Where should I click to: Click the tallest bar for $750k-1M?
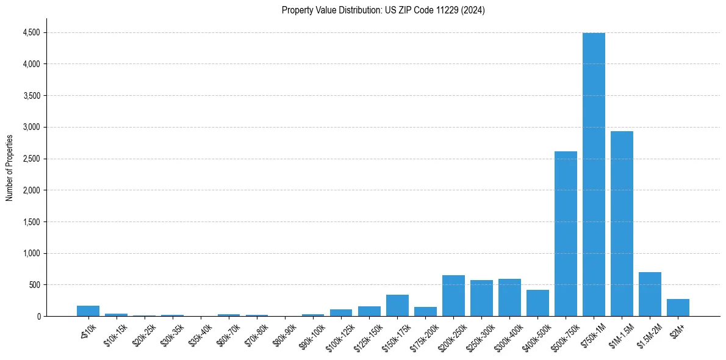click(x=594, y=175)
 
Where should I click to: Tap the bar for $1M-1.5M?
click(x=622, y=224)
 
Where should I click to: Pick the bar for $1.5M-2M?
click(x=650, y=294)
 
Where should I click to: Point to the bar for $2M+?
click(x=678, y=308)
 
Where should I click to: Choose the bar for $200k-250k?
click(x=453, y=296)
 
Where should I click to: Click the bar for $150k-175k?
click(x=397, y=306)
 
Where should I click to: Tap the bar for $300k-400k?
click(x=509, y=298)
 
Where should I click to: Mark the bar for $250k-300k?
click(x=481, y=298)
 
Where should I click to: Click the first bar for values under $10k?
click(x=88, y=311)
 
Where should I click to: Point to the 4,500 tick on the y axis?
click(x=32, y=32)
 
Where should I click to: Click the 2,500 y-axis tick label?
click(x=32, y=159)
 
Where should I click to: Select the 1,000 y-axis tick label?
click(x=32, y=253)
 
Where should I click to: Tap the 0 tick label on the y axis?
click(x=39, y=316)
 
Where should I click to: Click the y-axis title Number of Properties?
click(x=9, y=168)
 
